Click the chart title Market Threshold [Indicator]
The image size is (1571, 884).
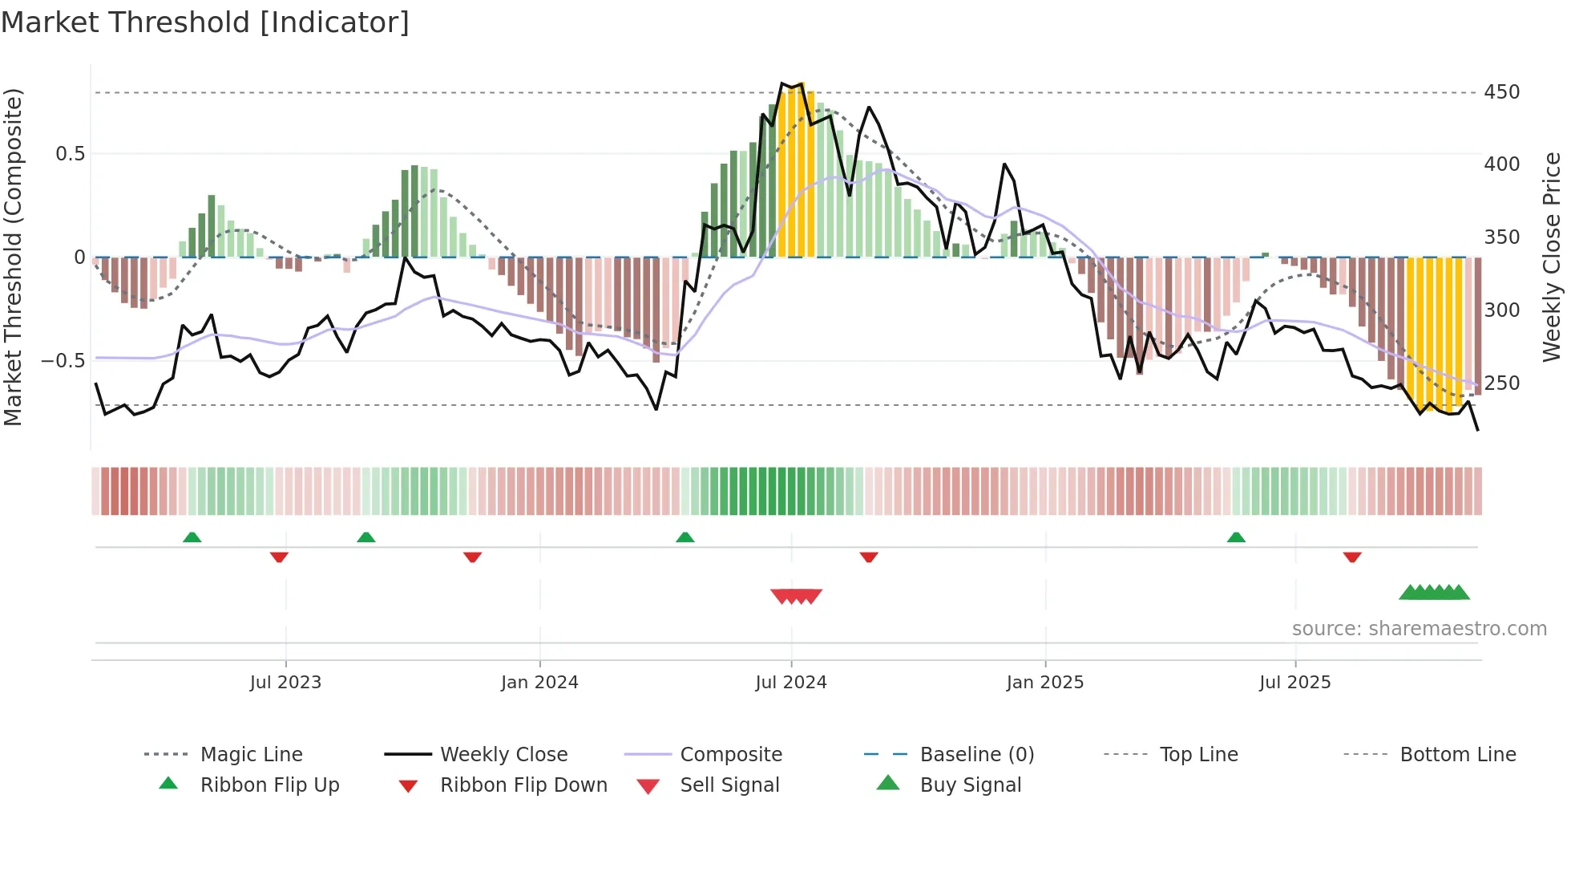(x=205, y=22)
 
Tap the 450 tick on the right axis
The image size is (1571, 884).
(x=1501, y=92)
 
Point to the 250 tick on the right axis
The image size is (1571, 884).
(x=1501, y=383)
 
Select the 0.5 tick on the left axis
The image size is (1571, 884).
(x=70, y=154)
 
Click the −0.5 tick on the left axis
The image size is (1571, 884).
(x=63, y=361)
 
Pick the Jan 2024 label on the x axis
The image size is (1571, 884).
(x=539, y=683)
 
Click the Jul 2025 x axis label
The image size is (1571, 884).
(x=1294, y=683)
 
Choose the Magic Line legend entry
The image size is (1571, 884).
(x=251, y=755)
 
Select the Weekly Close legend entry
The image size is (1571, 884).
(x=503, y=755)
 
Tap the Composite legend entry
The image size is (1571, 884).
(x=730, y=755)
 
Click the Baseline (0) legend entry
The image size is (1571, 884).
(x=976, y=755)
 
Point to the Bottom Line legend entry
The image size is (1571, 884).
(x=1457, y=755)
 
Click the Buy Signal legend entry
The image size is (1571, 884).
(x=970, y=785)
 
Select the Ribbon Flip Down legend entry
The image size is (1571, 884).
(x=523, y=785)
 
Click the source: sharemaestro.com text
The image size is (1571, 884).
(x=1419, y=629)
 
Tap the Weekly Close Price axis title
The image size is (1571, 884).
(x=1552, y=257)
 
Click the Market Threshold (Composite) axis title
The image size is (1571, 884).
(x=13, y=257)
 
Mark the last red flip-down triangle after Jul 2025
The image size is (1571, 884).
(x=1352, y=557)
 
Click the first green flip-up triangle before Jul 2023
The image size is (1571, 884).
(x=192, y=537)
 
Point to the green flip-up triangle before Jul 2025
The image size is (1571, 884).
(x=1236, y=537)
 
